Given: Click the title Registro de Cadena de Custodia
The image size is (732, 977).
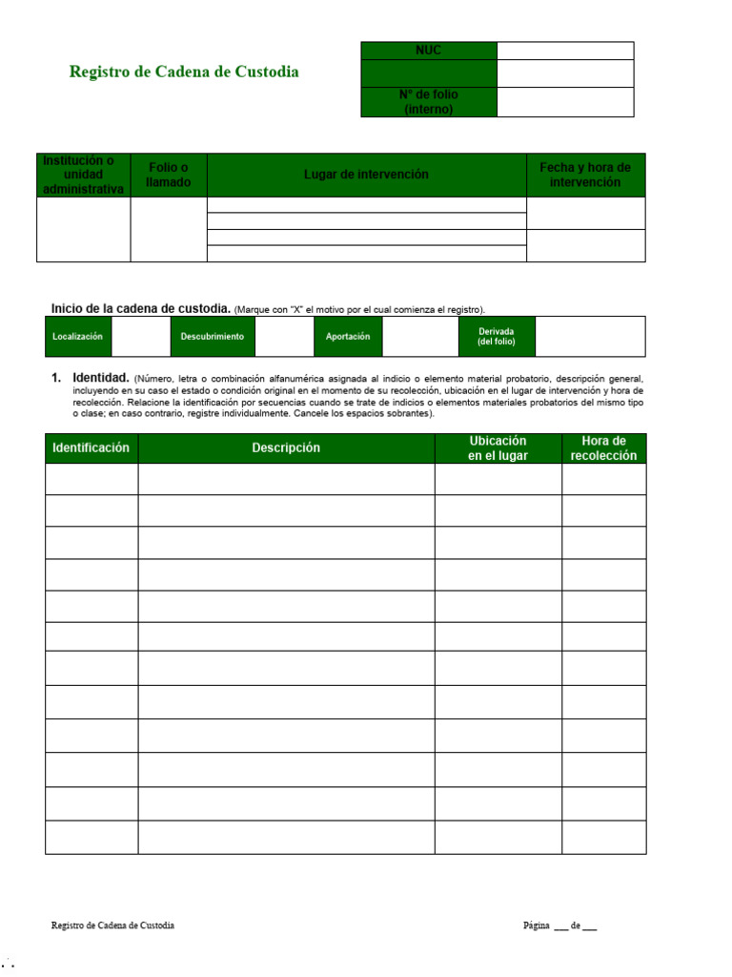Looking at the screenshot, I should point(184,72).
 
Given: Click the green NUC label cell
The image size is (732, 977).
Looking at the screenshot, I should point(429,51).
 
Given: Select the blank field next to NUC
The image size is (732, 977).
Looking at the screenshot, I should point(565,51).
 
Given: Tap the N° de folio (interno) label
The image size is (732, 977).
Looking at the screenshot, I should point(429,102).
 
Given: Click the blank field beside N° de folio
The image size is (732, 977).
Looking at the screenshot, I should point(565,102).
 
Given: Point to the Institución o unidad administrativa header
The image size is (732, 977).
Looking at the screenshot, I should point(84,175).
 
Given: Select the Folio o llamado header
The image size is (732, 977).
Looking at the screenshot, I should point(169,175).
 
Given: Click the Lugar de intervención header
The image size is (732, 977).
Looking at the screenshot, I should point(366,175).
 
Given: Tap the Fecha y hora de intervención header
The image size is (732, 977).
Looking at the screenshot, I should point(585,175).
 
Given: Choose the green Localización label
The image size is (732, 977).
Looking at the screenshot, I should point(78,337).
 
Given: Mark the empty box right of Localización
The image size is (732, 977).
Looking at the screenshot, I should point(141,337).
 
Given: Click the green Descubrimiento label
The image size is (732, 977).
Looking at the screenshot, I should point(213,337).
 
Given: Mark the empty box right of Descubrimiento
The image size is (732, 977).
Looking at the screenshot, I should point(284,337).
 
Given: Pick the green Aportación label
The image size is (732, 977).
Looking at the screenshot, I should point(348,337).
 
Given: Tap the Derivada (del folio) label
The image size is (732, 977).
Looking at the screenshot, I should point(497,337).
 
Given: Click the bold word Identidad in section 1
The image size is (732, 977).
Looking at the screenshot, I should point(101,378).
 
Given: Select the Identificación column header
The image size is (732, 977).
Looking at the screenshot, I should point(91,448).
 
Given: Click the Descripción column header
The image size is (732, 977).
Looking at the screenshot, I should point(286,448).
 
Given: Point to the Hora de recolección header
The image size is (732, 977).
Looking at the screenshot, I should point(603,448).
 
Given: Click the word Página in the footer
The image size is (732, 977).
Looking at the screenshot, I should point(537,926).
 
